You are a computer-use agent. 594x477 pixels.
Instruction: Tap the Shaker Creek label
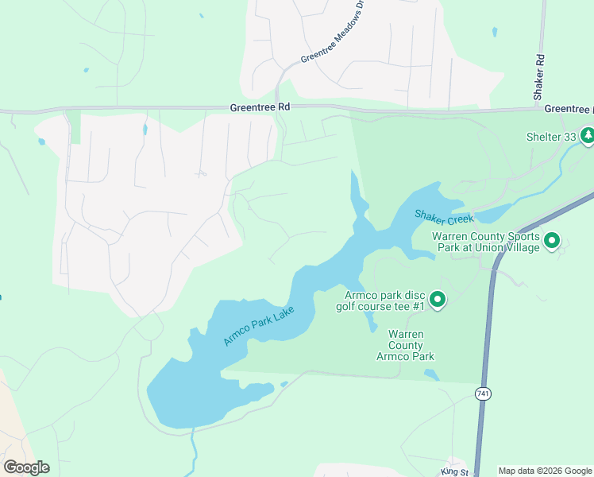tap(443, 216)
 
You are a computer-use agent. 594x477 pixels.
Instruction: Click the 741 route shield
tap(483, 394)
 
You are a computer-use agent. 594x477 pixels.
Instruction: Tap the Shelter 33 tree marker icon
tap(588, 136)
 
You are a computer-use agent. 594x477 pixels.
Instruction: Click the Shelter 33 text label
tap(551, 136)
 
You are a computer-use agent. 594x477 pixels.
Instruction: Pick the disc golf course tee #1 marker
tap(438, 300)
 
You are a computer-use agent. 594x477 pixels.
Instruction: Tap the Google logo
tap(26, 467)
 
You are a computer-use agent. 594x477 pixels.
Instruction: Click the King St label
tap(456, 472)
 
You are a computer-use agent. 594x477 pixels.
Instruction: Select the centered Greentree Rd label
tap(260, 107)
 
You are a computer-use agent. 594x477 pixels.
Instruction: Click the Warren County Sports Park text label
tap(486, 242)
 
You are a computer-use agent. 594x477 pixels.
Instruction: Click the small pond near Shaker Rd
tap(495, 33)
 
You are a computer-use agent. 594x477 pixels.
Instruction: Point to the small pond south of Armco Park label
tap(431, 374)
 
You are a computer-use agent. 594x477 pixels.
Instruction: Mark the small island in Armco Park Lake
tap(283, 385)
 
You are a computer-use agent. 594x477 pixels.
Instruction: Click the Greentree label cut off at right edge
tap(569, 109)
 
